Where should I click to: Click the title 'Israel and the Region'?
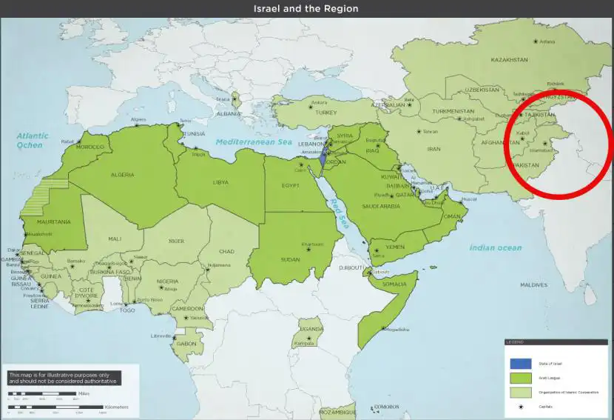tap(306, 9)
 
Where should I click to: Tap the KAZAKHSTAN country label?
tap(509, 59)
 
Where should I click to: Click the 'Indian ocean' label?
tap(495, 247)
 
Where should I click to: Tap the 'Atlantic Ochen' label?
tap(33, 140)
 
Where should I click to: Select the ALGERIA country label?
tap(122, 174)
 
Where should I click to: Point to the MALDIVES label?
tap(533, 284)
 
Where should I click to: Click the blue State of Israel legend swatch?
tap(520, 364)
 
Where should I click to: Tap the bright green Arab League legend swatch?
tap(520, 378)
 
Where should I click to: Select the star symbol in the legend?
tap(520, 406)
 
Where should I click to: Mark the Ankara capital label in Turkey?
tap(319, 102)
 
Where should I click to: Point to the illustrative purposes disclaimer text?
tap(64, 378)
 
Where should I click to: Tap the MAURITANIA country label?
tap(55, 221)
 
